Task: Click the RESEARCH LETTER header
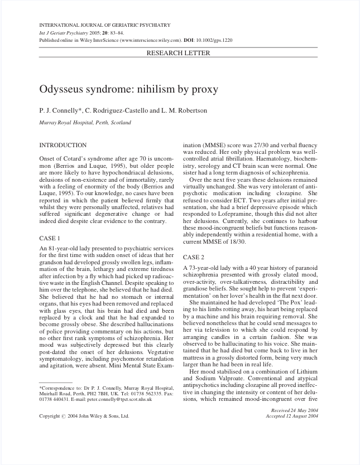pos(178,54)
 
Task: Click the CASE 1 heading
pos(50,238)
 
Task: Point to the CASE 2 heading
pos(194,257)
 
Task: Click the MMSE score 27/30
pos(259,145)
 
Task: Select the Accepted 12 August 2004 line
pos(292,416)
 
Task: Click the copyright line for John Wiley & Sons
pos(84,416)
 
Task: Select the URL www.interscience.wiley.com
pos(150,41)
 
